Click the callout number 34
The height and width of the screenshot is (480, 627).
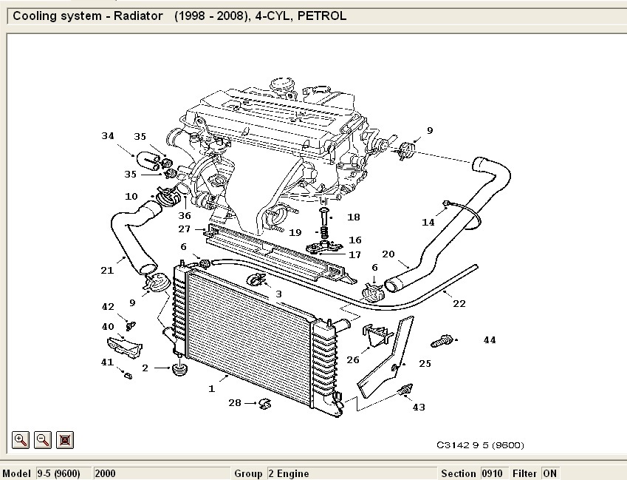click(108, 135)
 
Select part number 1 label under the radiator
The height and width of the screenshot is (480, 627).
click(212, 388)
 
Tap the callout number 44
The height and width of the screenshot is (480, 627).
click(490, 340)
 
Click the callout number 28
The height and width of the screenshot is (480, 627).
click(235, 403)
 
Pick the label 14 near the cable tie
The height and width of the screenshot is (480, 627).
click(428, 222)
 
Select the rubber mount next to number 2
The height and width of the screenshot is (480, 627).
click(178, 368)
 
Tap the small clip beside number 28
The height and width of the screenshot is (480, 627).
click(265, 403)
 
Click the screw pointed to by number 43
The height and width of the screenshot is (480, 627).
click(404, 390)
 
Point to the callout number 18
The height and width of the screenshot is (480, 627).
click(354, 217)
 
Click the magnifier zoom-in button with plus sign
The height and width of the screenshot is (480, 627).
click(21, 439)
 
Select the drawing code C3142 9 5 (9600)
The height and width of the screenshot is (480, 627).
click(479, 445)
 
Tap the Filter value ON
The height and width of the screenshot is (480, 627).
click(549, 473)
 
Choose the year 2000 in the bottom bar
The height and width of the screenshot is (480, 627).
click(105, 473)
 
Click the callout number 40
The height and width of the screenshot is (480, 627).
click(108, 326)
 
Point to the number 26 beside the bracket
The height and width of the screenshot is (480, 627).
click(353, 360)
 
